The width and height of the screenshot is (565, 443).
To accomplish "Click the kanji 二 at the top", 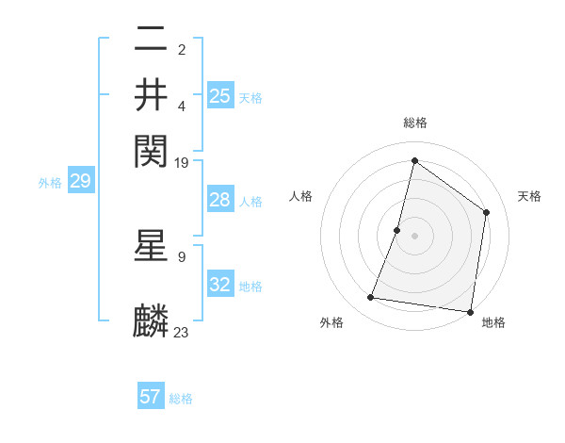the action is click(x=152, y=41).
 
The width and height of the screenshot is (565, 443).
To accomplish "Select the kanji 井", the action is click(x=152, y=94).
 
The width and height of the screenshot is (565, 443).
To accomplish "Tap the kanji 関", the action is click(x=152, y=149).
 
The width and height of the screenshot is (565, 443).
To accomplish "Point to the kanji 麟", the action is click(x=152, y=321).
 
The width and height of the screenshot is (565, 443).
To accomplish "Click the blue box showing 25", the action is click(x=220, y=95).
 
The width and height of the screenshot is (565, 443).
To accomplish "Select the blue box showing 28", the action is click(x=220, y=200).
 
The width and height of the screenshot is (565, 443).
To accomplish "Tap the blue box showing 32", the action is click(x=220, y=285).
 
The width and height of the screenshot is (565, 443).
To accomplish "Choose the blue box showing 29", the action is click(x=80, y=182).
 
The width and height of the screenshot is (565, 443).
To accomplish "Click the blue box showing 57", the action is click(x=151, y=397).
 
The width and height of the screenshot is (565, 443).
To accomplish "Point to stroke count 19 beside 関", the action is click(x=182, y=162).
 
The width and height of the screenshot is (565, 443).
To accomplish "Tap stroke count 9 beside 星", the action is click(x=182, y=256).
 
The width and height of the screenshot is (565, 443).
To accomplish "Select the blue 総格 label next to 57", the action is click(x=181, y=399).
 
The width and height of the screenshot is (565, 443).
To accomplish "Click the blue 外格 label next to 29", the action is click(x=50, y=183).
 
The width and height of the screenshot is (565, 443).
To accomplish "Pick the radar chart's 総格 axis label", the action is click(x=414, y=123).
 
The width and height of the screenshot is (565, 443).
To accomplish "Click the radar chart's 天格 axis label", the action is click(x=529, y=196).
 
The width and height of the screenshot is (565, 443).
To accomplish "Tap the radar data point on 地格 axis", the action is click(x=469, y=311).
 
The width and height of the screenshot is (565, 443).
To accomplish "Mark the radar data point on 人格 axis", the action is click(x=397, y=229).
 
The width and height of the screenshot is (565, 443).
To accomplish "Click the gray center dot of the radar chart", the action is click(x=414, y=235).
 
